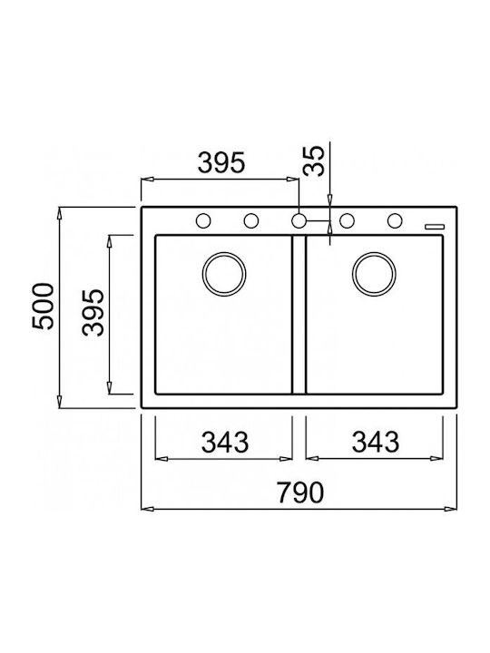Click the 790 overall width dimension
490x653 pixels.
[300, 492]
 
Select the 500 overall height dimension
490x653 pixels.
[44, 307]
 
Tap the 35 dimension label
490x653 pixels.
[314, 161]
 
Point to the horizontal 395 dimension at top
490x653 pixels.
[221, 162]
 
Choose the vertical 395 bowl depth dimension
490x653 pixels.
[93, 312]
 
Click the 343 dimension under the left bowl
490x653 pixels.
[225, 442]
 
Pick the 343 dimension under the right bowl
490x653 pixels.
[376, 442]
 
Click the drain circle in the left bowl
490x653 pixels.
[224, 274]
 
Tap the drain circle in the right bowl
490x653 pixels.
[374, 274]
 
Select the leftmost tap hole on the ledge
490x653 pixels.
[203, 220]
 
